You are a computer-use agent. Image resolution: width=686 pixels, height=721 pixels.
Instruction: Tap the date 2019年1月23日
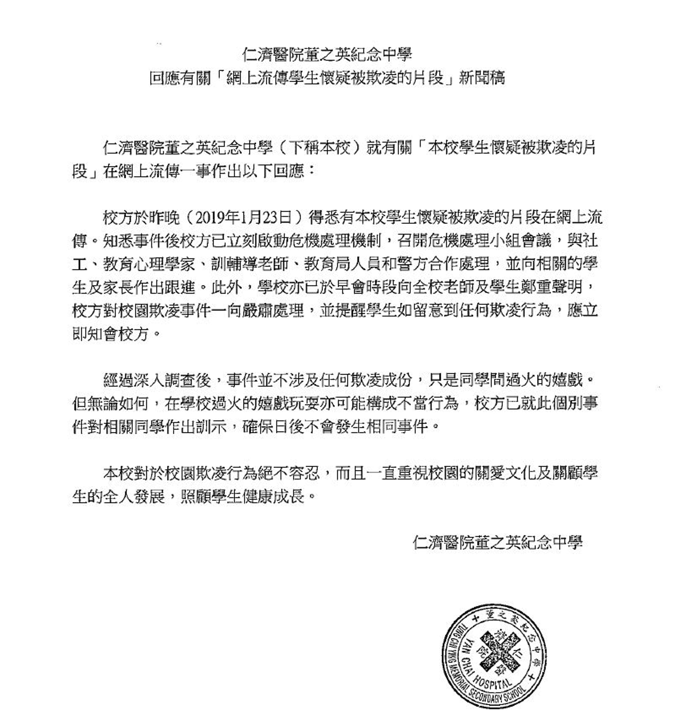pos(244,218)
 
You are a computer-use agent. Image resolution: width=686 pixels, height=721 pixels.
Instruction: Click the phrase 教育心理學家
pos(149,264)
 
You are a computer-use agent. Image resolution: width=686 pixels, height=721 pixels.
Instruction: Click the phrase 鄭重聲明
pos(551,287)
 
